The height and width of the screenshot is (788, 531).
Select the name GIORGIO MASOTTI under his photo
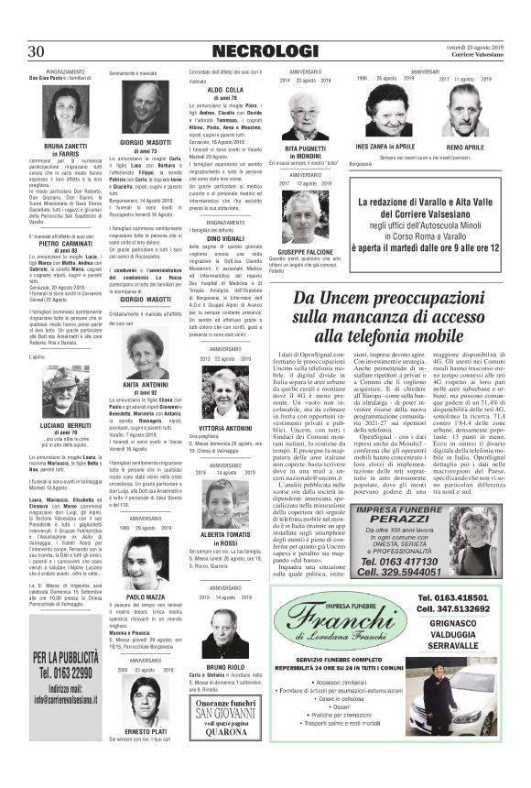[146, 145]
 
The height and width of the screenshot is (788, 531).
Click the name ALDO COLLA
[225, 90]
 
